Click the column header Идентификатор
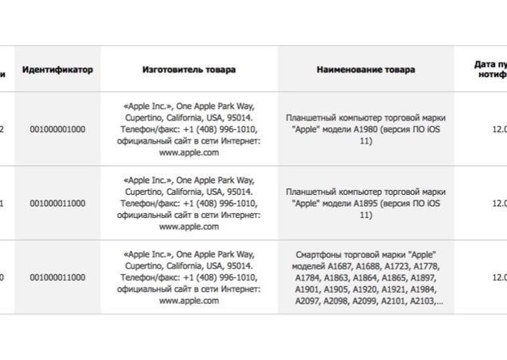tap(57, 70)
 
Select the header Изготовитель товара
tap(189, 70)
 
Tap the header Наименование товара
tap(366, 70)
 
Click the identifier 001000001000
tap(57, 128)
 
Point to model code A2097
tap(306, 302)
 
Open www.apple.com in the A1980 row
tap(189, 152)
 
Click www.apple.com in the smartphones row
tap(189, 301)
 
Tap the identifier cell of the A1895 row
tap(57, 204)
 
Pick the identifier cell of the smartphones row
tap(57, 277)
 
